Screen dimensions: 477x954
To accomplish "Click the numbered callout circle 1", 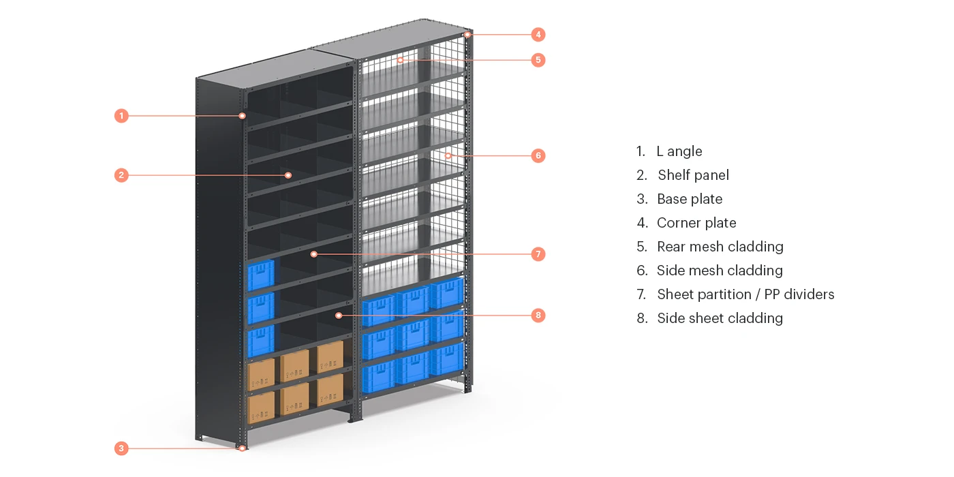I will [x=121, y=116].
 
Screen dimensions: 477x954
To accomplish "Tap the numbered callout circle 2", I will [x=121, y=175].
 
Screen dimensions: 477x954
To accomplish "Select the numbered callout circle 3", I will [x=121, y=448].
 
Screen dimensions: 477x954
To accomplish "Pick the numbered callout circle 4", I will [x=538, y=34].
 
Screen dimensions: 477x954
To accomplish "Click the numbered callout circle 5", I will [x=538, y=60].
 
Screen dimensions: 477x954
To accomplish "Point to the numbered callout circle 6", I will [x=538, y=155].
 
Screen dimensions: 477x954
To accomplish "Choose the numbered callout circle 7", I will [x=538, y=254].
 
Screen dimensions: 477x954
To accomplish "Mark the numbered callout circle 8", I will [x=538, y=316].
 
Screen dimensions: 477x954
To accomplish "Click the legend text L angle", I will [x=679, y=151].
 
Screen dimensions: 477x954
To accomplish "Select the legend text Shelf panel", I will [x=693, y=175].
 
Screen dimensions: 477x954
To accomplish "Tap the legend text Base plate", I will [x=690, y=199].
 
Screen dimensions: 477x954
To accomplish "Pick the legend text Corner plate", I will [x=696, y=223].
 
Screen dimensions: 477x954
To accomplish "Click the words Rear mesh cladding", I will [x=720, y=247].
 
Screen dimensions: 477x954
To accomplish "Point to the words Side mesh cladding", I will [x=720, y=271].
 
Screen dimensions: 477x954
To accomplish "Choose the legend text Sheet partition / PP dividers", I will [x=745, y=294].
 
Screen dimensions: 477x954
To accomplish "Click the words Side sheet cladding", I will [x=720, y=318].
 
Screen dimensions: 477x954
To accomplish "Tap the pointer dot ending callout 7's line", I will [x=313, y=254].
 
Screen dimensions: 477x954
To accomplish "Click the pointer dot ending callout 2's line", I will [x=288, y=175].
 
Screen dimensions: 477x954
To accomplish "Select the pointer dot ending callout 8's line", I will [x=339, y=316].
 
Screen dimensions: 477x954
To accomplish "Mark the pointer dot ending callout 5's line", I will [x=401, y=60].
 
